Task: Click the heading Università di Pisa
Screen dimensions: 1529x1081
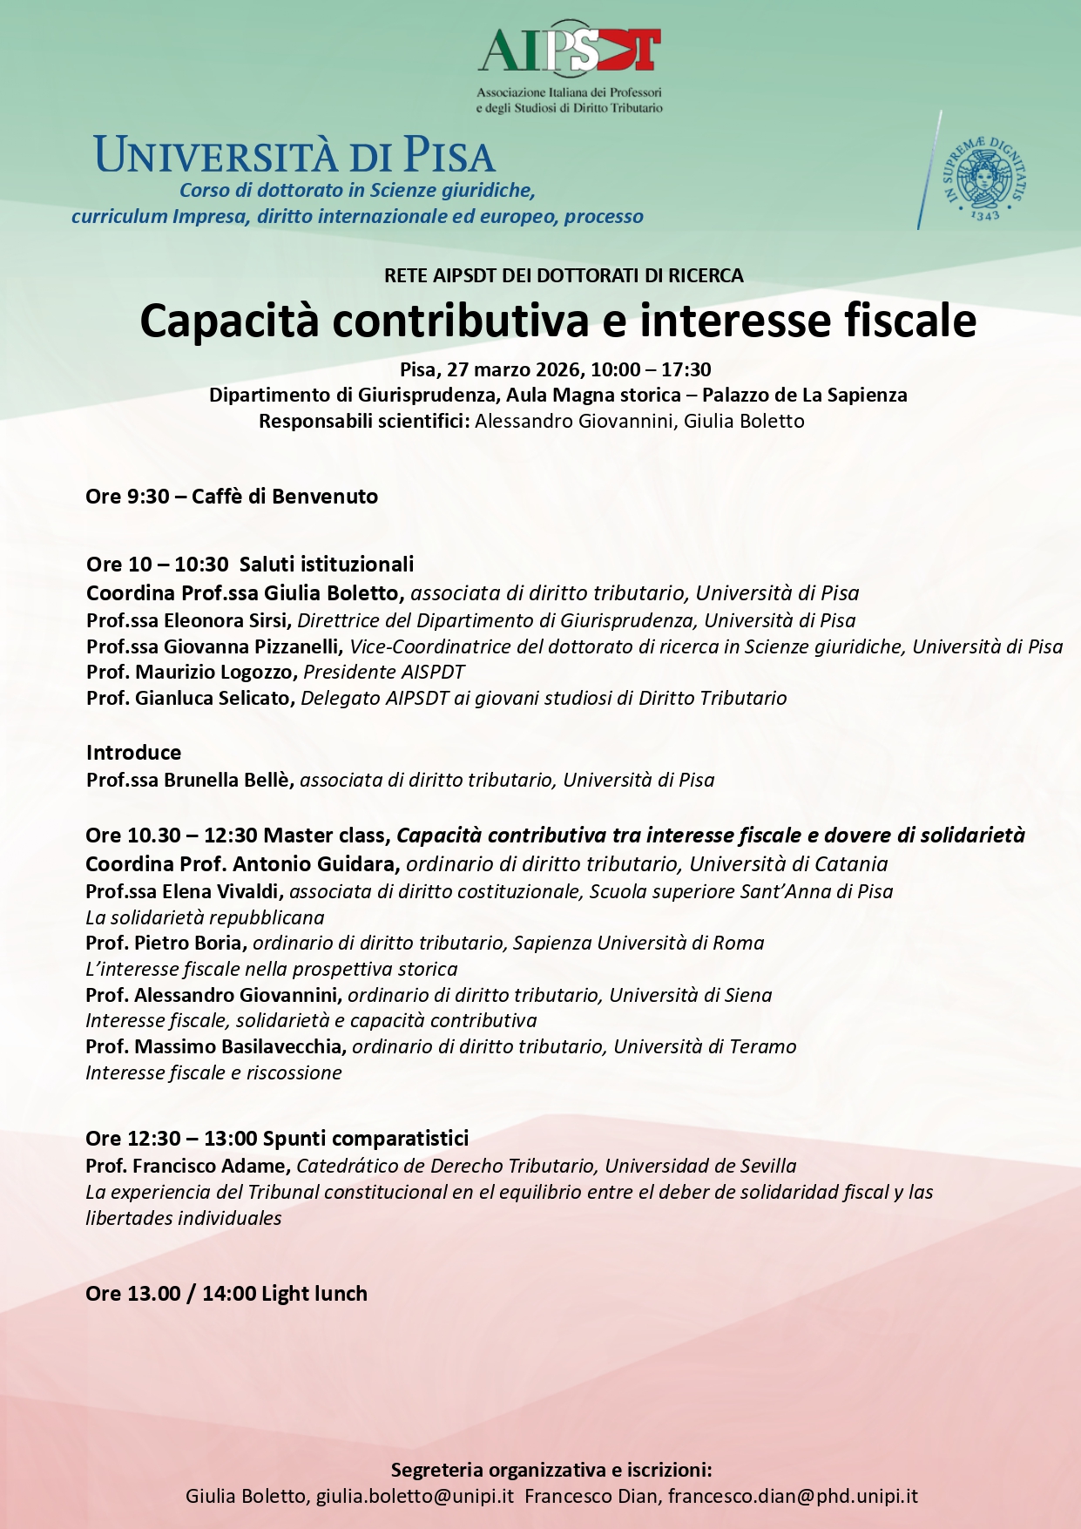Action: click(x=294, y=155)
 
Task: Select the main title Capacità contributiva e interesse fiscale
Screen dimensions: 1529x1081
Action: click(x=557, y=321)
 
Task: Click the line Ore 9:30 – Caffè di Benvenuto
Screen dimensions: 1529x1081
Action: click(x=232, y=497)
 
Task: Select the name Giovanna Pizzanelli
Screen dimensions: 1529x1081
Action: click(x=251, y=646)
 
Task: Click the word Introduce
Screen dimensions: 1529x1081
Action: click(x=133, y=753)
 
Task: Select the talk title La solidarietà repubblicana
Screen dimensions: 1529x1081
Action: click(x=205, y=917)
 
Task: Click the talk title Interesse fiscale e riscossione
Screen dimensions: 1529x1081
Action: click(x=213, y=1072)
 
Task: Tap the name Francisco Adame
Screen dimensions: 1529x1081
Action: click(x=211, y=1166)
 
